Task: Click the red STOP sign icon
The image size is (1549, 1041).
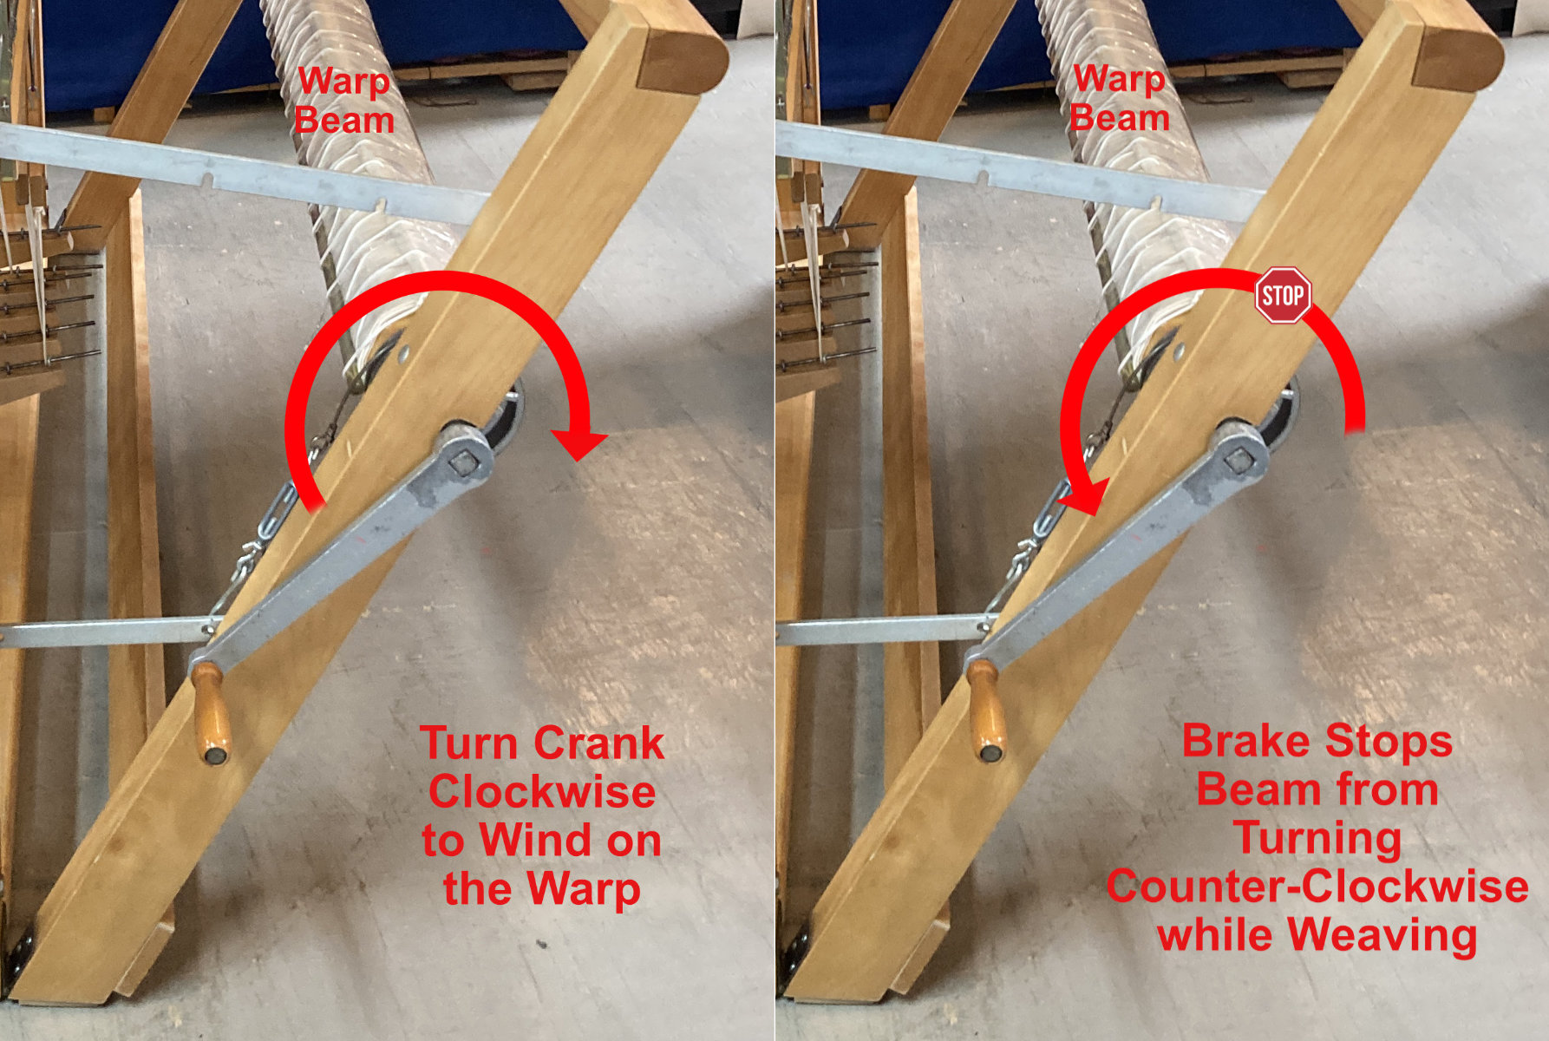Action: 1283,295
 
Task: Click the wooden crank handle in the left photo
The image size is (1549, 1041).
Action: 211,713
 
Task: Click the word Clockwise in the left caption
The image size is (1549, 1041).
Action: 542,791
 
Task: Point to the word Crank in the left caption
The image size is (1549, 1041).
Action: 599,743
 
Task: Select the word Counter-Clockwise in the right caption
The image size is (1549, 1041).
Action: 1317,886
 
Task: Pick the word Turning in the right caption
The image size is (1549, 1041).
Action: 1317,838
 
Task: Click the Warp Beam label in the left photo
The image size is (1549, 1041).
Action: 344,101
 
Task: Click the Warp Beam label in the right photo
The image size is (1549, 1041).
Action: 1120,98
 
